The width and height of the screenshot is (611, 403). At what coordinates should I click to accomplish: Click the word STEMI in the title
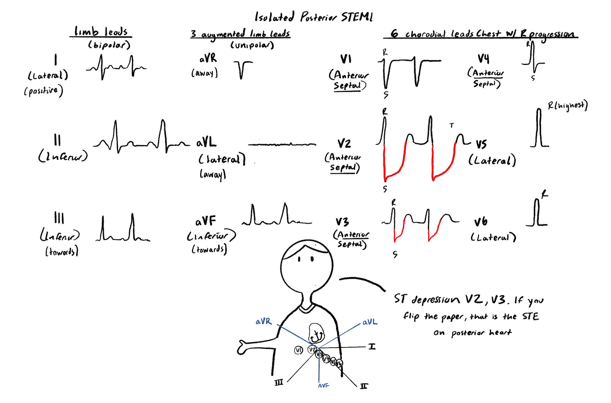(x=357, y=17)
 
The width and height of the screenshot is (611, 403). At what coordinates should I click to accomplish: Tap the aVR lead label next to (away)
(x=208, y=59)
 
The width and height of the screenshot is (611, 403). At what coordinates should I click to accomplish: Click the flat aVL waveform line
(x=282, y=144)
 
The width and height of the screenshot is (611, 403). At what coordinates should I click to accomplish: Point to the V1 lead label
(x=346, y=59)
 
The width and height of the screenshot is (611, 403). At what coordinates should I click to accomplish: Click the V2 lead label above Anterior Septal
(x=344, y=143)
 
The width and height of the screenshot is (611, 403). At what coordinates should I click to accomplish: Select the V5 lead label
(x=481, y=144)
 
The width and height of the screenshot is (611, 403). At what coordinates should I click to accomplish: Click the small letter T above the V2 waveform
(x=452, y=126)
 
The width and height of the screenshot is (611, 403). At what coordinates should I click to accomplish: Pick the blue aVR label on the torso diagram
(x=263, y=321)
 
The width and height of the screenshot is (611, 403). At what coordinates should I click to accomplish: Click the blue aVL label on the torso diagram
(x=370, y=322)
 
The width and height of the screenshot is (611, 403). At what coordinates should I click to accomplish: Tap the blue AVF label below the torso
(x=323, y=385)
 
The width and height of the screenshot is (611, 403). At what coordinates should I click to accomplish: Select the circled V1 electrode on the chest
(x=298, y=350)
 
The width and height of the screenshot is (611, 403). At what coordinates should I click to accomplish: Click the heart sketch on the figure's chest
(x=316, y=333)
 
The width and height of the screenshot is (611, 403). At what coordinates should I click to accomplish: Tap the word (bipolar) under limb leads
(x=109, y=45)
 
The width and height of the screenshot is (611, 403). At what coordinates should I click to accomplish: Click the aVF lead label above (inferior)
(x=206, y=221)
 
